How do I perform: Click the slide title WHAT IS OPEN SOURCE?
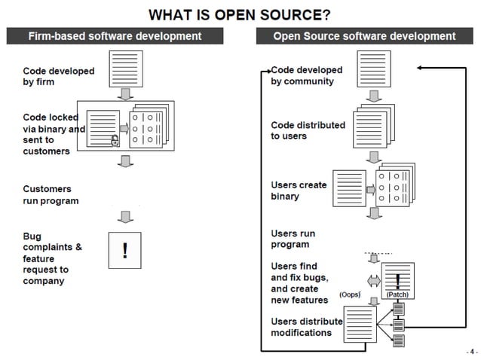point(240,14)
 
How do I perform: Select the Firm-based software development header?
point(115,36)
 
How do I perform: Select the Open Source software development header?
point(364,36)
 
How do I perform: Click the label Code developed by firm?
point(59,76)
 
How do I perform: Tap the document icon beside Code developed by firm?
point(126,69)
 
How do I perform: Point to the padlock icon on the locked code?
point(115,141)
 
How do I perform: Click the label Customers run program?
point(51,195)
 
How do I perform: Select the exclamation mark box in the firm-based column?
point(125,250)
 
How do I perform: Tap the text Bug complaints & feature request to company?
point(53,258)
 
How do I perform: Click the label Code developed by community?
point(306,75)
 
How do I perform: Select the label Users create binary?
point(299,191)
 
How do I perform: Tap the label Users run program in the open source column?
point(293,239)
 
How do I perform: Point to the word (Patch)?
point(397,295)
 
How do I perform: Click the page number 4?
point(471,351)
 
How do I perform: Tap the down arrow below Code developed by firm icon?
point(126,95)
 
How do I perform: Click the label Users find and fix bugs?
point(300,283)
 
